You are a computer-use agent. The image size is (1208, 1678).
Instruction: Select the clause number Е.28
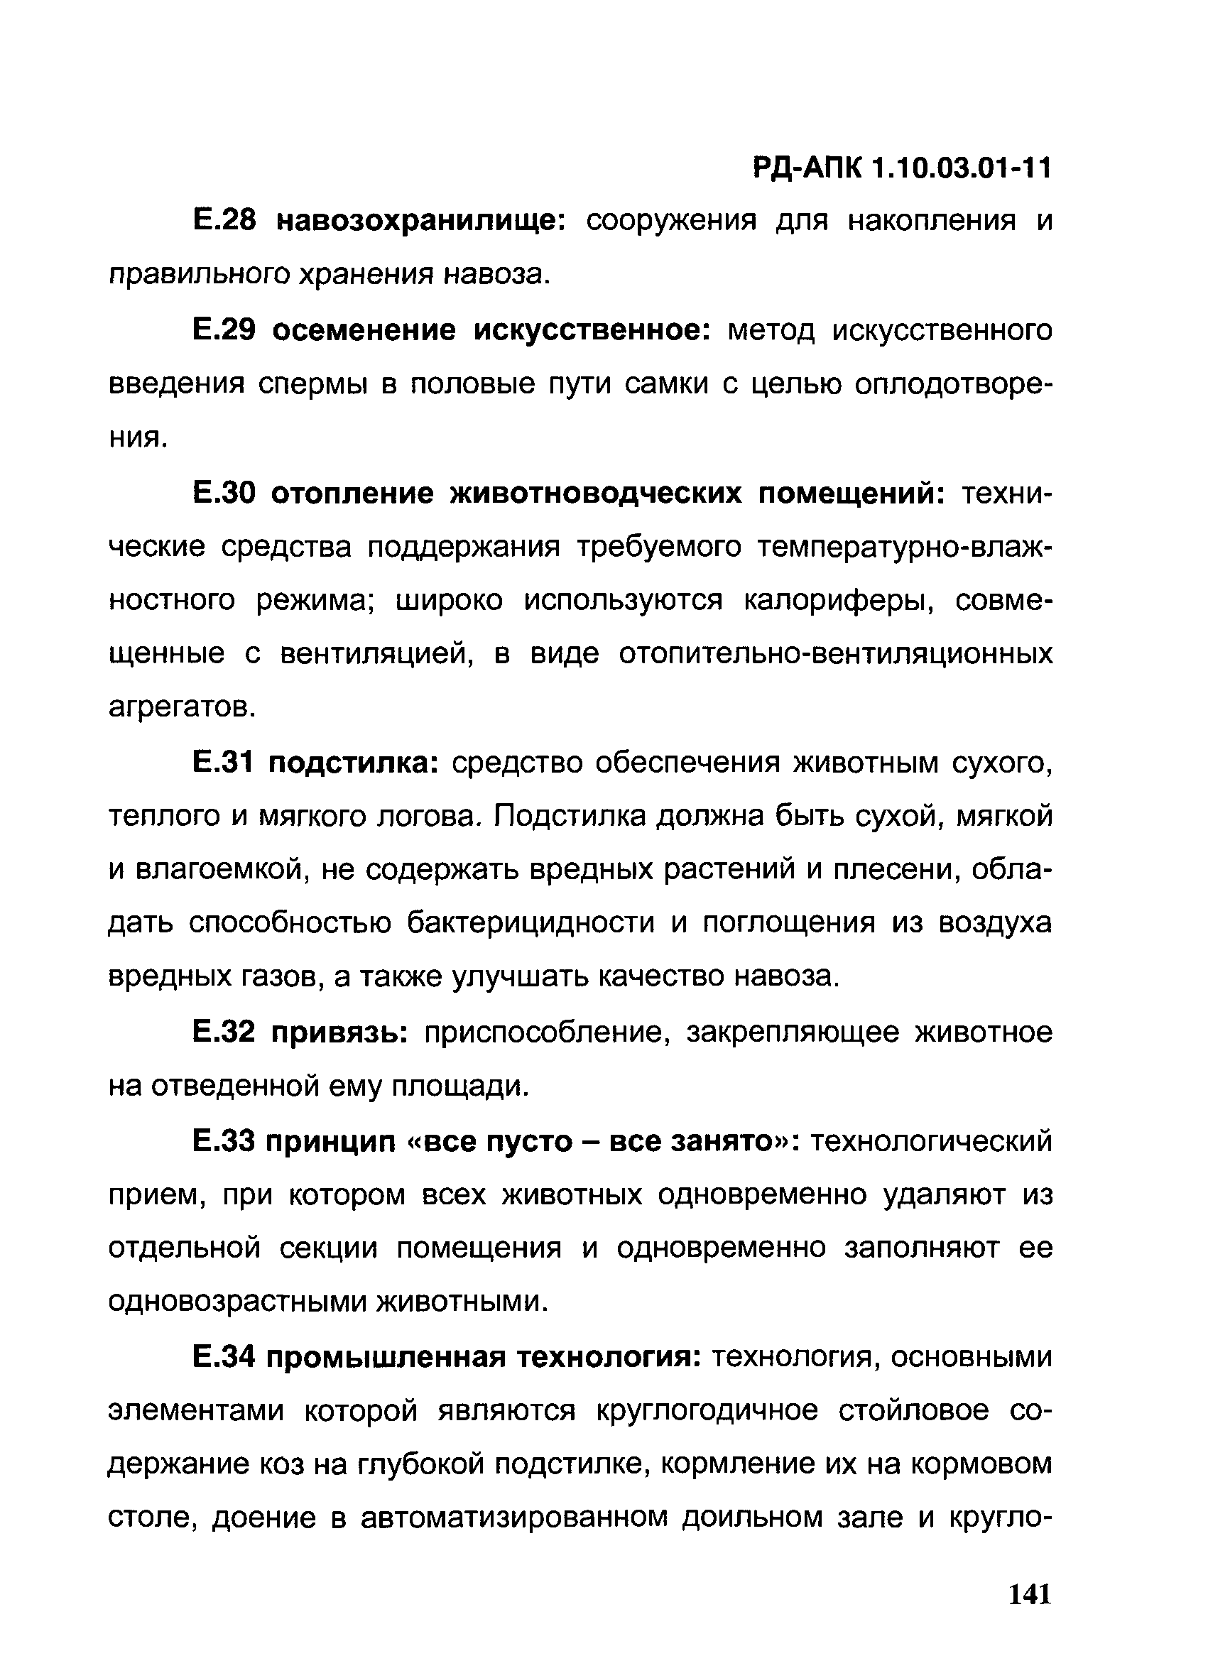point(224,220)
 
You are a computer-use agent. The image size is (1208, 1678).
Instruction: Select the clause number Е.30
point(224,493)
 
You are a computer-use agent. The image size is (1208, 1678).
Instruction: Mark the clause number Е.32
point(224,1032)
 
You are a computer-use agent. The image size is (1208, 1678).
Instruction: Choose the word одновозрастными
point(236,1302)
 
